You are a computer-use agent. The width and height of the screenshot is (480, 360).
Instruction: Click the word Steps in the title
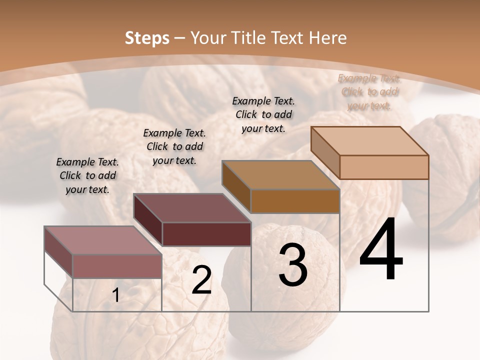[147, 38]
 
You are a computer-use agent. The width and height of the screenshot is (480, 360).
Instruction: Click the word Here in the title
[328, 38]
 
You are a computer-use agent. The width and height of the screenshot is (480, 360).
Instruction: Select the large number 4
[381, 250]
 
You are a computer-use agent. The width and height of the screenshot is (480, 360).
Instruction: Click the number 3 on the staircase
[292, 264]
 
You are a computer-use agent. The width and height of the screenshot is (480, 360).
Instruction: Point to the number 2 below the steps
[201, 280]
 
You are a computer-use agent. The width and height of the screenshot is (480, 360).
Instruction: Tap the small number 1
[116, 295]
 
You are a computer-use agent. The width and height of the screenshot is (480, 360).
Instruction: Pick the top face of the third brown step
[280, 175]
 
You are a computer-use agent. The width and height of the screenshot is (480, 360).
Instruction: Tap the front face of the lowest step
[117, 266]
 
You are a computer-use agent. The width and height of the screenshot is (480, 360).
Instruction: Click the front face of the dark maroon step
[206, 234]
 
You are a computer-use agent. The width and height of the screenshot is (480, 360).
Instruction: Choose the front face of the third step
[295, 201]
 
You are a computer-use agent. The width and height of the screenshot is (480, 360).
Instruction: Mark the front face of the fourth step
[384, 167]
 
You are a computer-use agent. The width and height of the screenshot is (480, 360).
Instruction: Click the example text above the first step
[87, 175]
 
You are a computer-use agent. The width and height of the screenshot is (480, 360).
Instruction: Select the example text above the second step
[174, 146]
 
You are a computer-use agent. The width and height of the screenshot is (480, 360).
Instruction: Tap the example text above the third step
[263, 114]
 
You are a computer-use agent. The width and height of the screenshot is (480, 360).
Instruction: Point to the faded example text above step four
[369, 92]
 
